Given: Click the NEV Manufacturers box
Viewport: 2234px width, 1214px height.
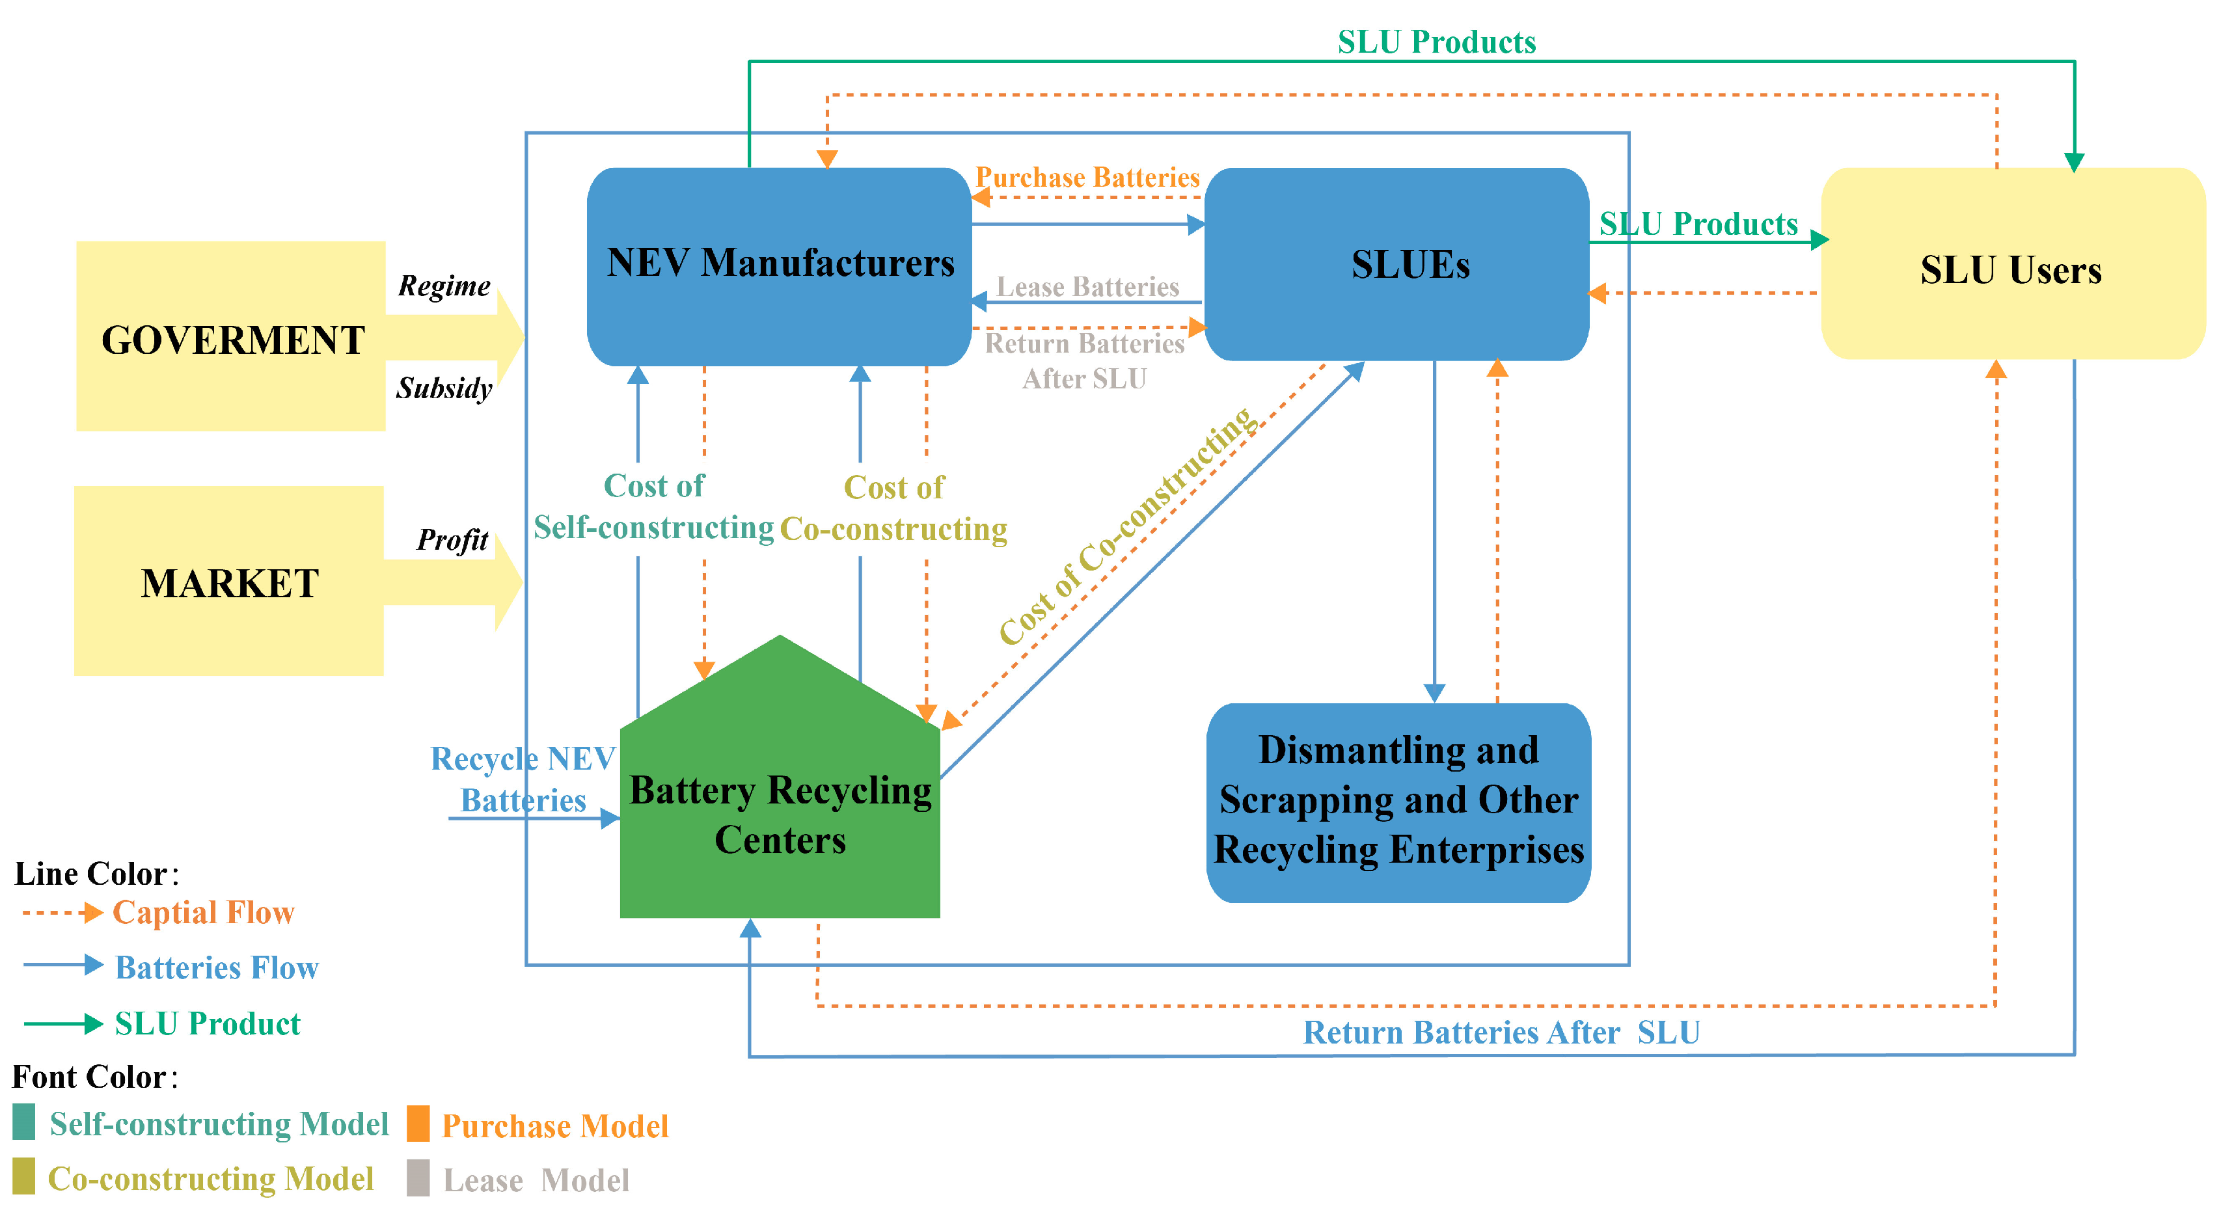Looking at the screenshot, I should tap(779, 265).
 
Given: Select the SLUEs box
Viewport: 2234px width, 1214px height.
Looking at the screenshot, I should tap(1396, 265).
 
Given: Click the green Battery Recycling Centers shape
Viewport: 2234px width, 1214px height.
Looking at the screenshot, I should tap(779, 807).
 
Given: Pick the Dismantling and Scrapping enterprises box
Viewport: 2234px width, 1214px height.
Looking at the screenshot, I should tap(1398, 802).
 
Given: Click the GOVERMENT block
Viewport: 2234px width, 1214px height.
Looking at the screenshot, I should tap(232, 338).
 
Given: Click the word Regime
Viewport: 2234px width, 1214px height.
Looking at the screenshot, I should tap(444, 286).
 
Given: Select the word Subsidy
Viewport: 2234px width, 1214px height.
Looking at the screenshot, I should tap(444, 388).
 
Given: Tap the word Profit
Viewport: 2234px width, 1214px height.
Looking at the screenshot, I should tap(452, 540).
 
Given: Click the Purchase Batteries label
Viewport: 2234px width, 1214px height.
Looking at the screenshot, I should tap(1087, 178).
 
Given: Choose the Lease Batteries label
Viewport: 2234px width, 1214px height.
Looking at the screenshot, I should tap(1087, 287).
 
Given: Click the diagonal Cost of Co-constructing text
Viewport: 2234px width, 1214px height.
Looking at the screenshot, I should tap(1126, 526).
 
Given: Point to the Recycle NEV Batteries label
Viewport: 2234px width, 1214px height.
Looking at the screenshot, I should tap(523, 779).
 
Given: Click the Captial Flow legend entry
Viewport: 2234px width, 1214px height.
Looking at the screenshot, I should tap(203, 913).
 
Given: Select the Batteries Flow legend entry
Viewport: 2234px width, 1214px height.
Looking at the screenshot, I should tap(216, 967).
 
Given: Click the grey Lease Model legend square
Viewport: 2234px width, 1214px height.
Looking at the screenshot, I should tap(418, 1178).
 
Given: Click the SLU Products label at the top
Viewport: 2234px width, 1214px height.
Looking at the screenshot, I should tap(1436, 42).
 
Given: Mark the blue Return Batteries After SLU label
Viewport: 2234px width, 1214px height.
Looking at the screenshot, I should tap(1501, 1032).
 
